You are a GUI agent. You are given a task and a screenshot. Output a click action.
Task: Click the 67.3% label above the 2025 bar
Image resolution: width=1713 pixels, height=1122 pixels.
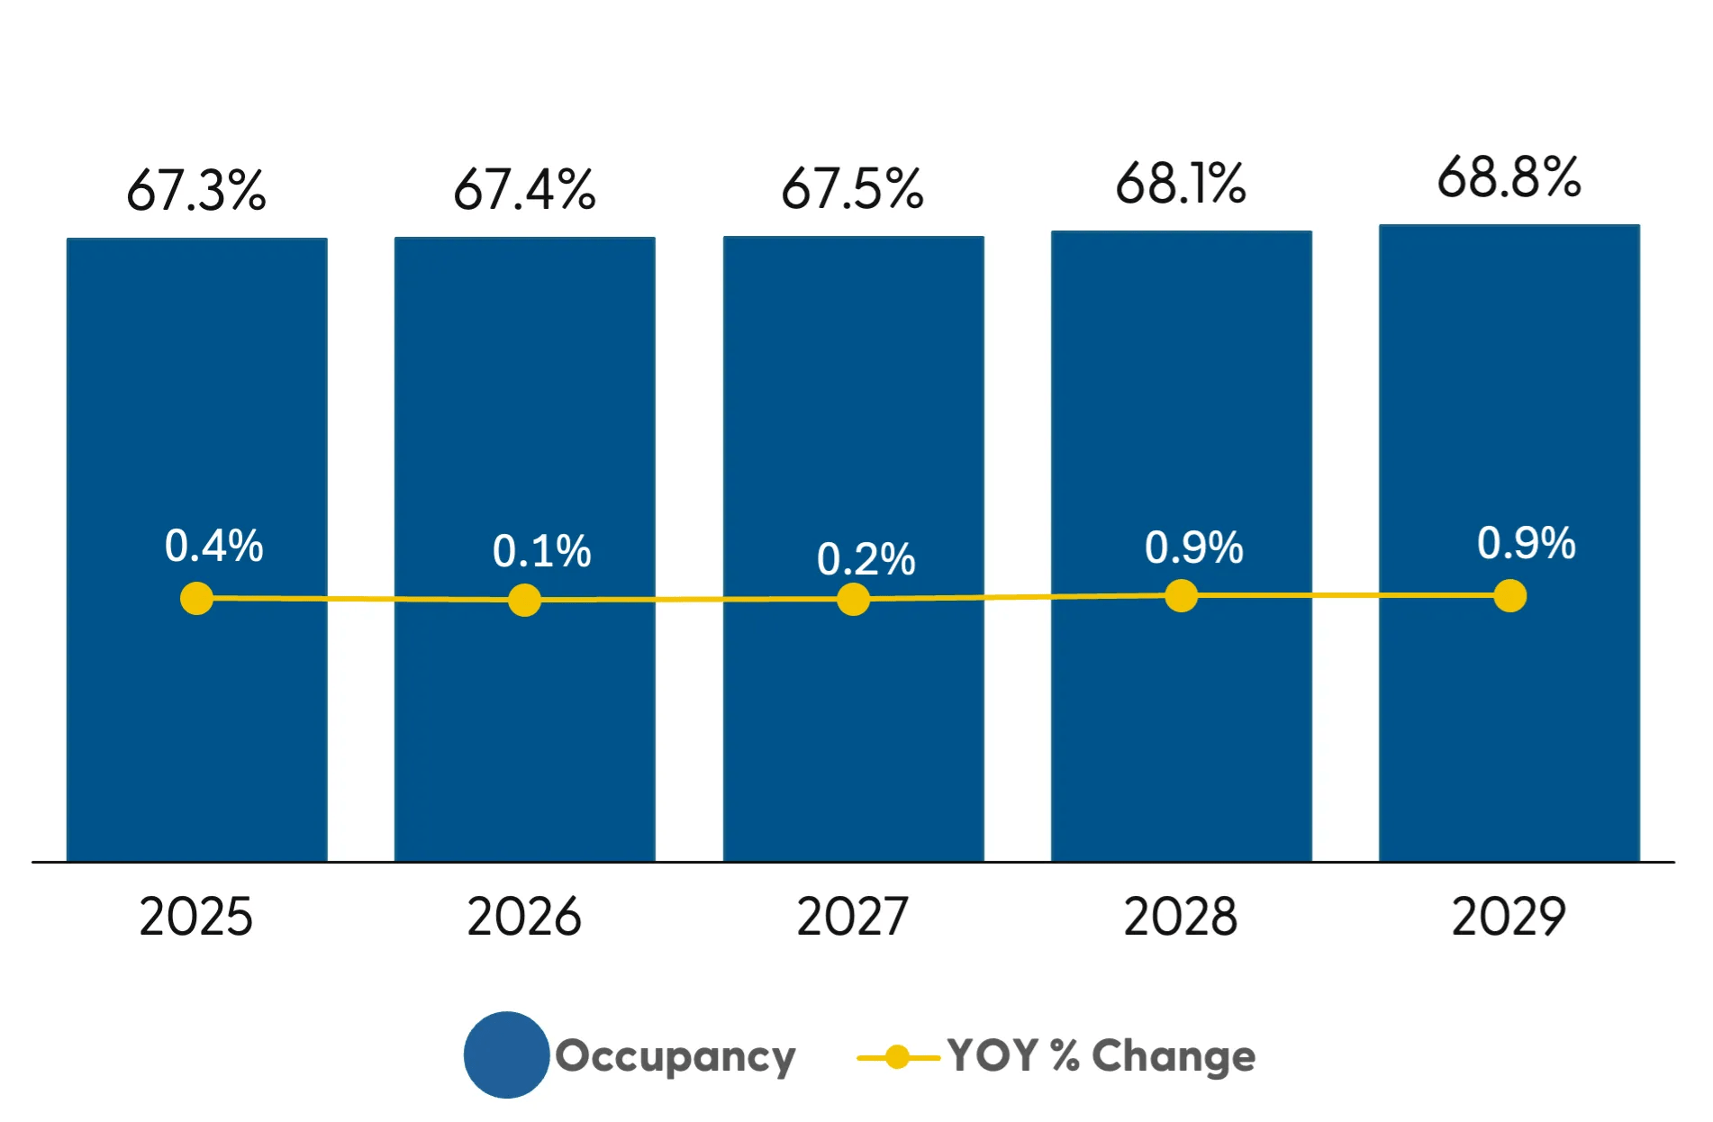click(x=196, y=191)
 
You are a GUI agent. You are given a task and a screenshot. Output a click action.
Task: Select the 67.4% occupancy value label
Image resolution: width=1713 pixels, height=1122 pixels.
click(x=524, y=190)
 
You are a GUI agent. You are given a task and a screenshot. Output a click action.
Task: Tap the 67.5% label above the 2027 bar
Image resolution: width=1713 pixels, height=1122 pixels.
click(x=852, y=189)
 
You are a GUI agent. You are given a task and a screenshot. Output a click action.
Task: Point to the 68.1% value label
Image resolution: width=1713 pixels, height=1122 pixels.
click(x=1181, y=184)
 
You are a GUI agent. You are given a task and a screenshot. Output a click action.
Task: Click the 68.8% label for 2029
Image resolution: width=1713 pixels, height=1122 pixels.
click(x=1509, y=177)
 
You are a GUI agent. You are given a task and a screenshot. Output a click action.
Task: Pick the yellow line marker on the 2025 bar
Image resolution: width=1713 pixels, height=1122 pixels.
click(x=196, y=598)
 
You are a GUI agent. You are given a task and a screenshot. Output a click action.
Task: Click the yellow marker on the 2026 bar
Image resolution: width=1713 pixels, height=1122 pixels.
click(x=524, y=600)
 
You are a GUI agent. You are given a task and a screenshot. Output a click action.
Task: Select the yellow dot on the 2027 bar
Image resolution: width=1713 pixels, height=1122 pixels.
click(x=853, y=599)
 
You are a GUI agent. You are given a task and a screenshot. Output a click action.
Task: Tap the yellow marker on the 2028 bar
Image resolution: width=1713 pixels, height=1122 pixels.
click(x=1181, y=595)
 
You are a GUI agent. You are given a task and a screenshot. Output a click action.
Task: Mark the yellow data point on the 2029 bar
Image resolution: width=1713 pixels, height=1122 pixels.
click(x=1509, y=595)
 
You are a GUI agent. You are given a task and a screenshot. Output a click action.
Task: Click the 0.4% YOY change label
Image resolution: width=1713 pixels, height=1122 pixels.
click(x=213, y=546)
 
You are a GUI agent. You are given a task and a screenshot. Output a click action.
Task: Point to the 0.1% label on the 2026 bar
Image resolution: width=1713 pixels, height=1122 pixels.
click(x=541, y=551)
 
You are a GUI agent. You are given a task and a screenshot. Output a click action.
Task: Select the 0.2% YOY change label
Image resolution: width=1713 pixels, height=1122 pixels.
click(x=866, y=559)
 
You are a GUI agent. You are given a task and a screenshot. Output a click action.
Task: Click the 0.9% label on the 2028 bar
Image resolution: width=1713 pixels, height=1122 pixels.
click(x=1193, y=547)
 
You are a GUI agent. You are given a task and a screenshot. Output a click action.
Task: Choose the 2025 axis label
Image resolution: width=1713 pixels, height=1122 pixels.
click(x=196, y=917)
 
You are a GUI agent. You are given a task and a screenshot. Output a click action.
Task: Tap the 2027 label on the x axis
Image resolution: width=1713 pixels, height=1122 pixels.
click(x=852, y=917)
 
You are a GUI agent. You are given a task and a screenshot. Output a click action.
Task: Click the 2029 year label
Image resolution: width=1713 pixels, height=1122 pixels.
click(x=1509, y=917)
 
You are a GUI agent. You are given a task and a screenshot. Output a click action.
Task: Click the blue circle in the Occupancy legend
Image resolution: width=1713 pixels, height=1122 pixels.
click(x=506, y=1054)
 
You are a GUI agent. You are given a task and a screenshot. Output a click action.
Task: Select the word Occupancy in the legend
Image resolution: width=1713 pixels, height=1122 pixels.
click(x=675, y=1056)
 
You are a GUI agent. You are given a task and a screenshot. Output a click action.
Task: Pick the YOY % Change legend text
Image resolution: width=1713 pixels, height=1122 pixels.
click(x=1101, y=1055)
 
